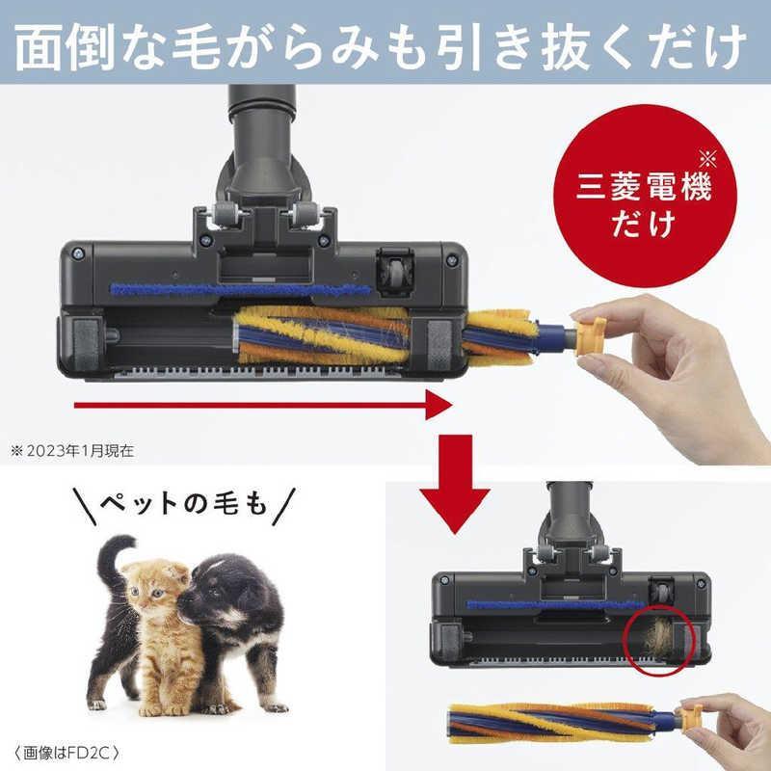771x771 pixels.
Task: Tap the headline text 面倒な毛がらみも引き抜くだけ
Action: click(385, 43)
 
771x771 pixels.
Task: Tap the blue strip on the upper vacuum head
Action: click(241, 289)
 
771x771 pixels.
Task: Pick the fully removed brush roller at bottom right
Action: click(559, 719)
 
